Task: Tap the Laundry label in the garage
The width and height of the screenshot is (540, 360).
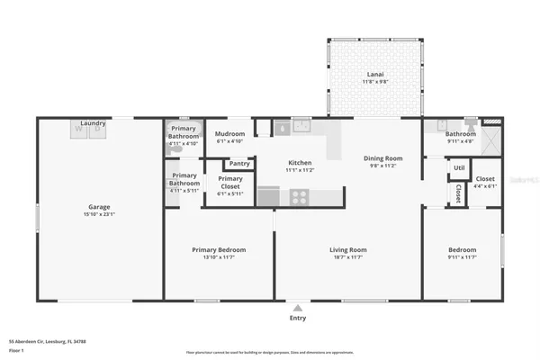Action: pyautogui.click(x=94, y=123)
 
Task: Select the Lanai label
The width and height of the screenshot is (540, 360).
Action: pyautogui.click(x=375, y=75)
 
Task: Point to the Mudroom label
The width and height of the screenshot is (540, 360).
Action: pyautogui.click(x=230, y=134)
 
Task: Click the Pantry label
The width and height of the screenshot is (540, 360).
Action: pyautogui.click(x=239, y=164)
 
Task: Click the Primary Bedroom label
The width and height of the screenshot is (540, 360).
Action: pyautogui.click(x=219, y=249)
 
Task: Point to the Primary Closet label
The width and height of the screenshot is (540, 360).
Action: pyautogui.click(x=230, y=179)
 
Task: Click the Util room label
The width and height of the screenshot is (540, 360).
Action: pyautogui.click(x=458, y=167)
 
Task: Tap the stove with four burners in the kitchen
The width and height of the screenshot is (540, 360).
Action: pyautogui.click(x=298, y=195)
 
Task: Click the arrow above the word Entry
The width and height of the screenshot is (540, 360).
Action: pyautogui.click(x=297, y=307)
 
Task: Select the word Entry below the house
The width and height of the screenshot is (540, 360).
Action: pyautogui.click(x=297, y=318)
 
